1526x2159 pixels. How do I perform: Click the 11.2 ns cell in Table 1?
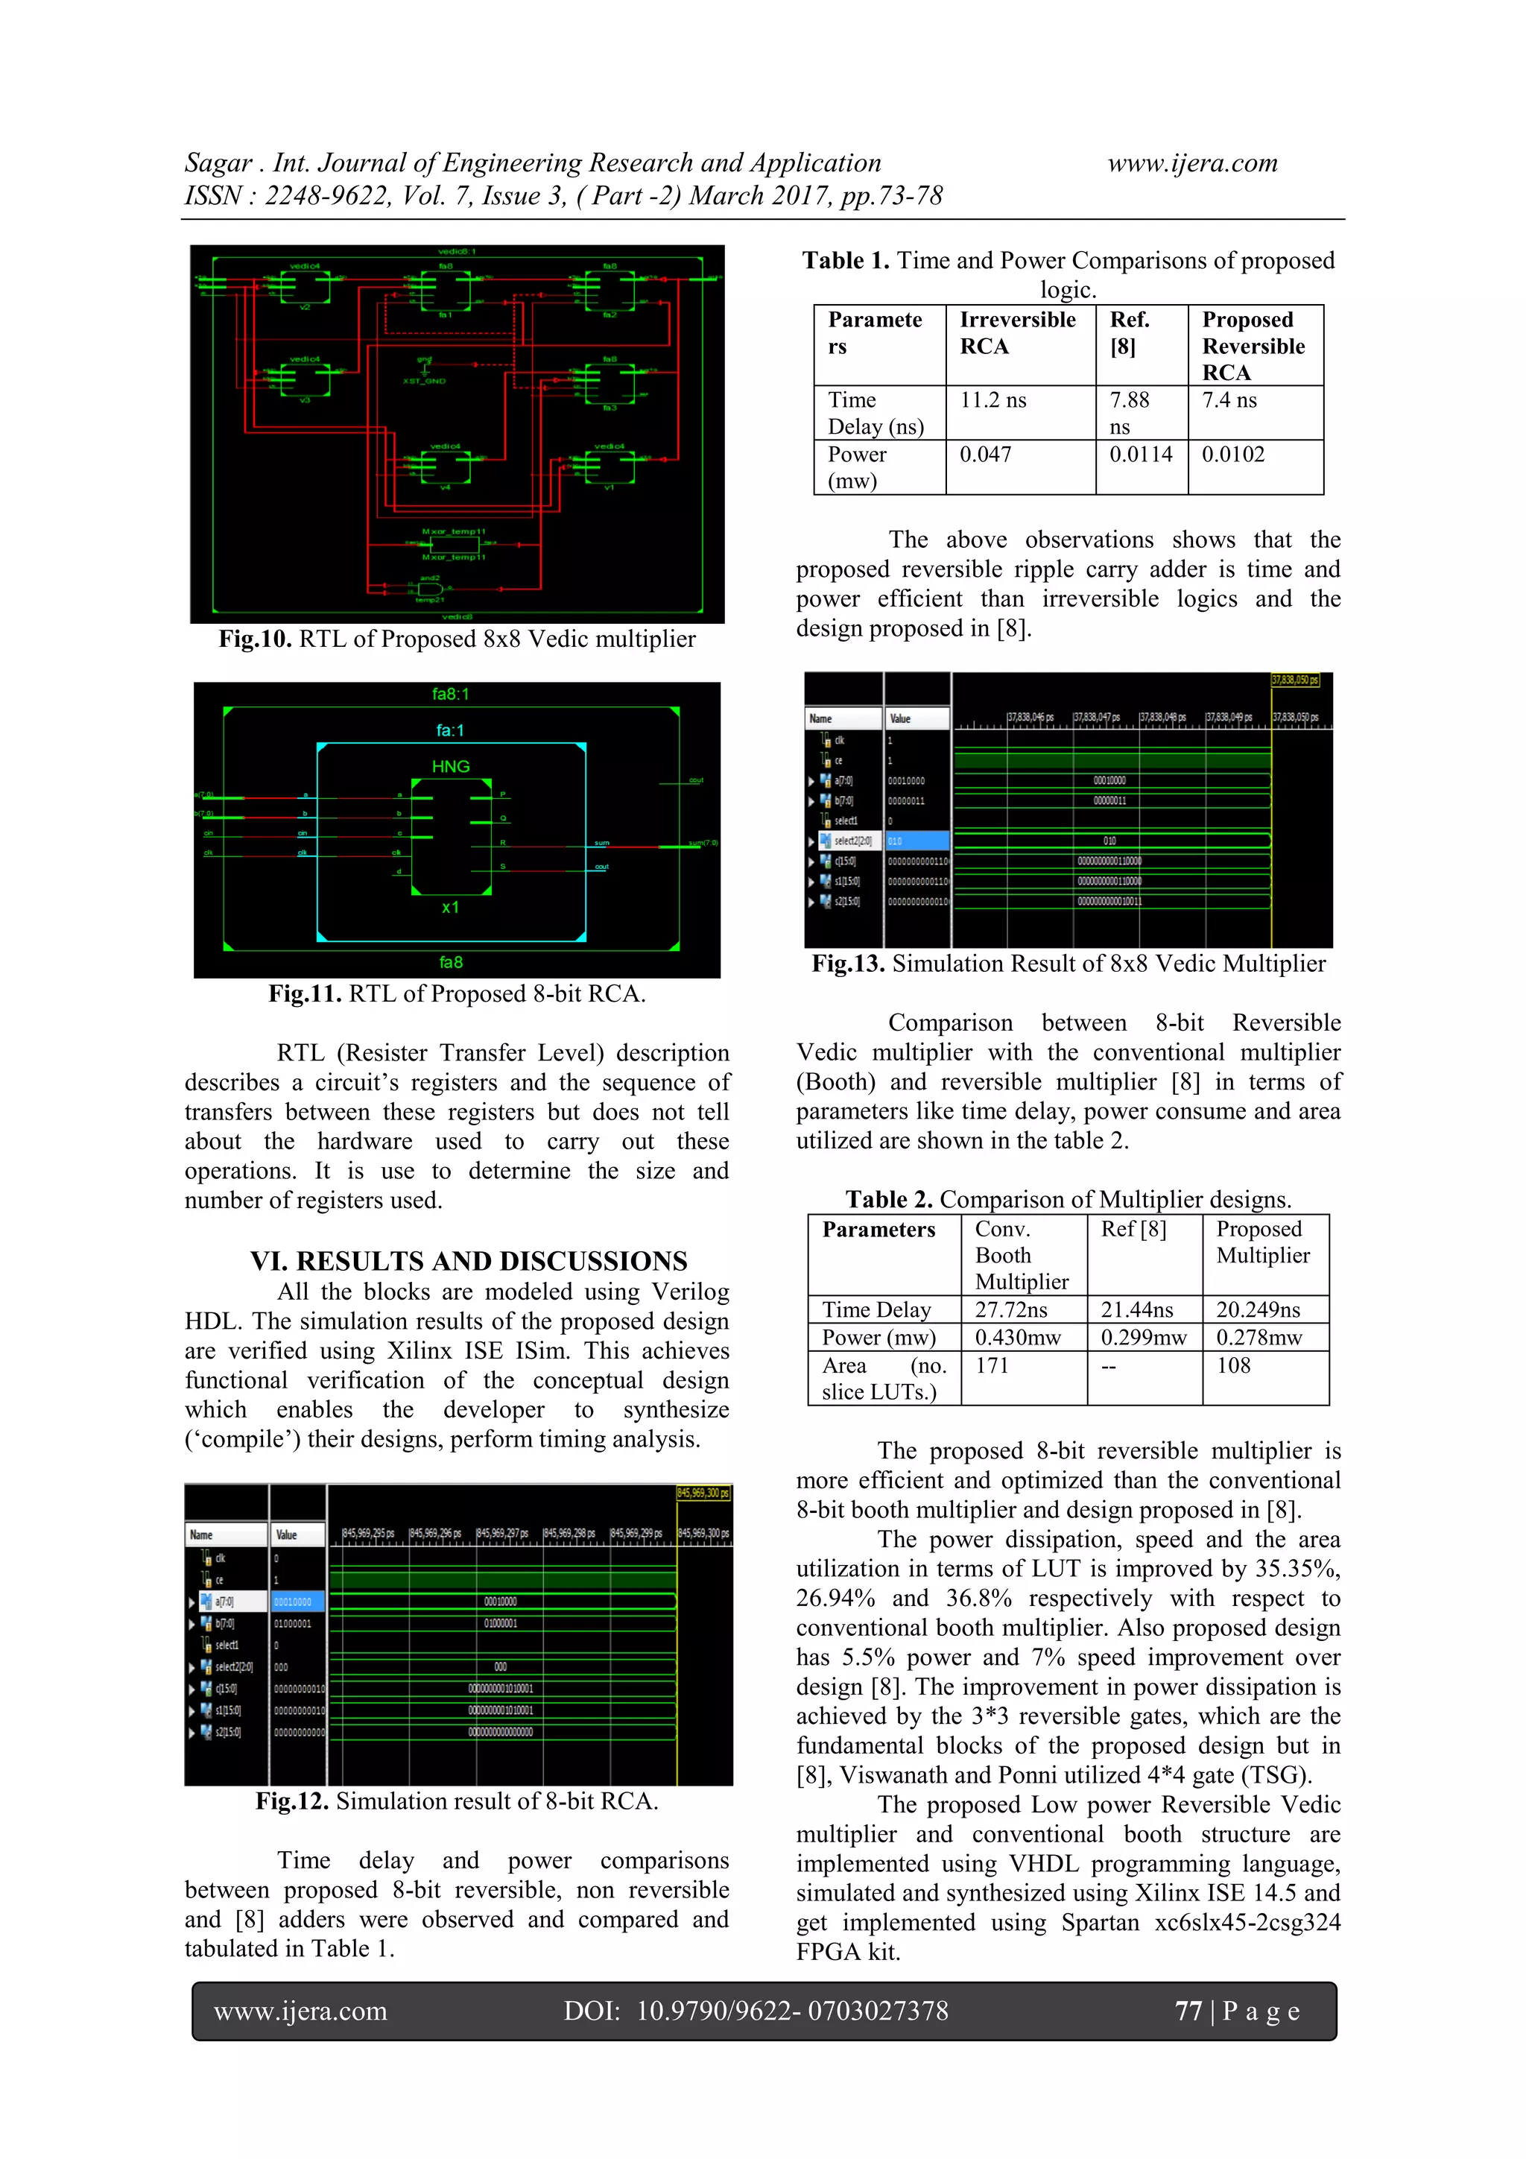(x=993, y=401)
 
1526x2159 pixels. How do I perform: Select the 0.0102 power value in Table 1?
(x=1232, y=455)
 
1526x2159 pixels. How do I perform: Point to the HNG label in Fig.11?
(x=450, y=766)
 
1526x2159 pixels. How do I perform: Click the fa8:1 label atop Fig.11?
(x=450, y=694)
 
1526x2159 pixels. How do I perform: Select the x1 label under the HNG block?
(x=450, y=908)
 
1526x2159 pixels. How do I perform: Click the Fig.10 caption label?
(x=255, y=639)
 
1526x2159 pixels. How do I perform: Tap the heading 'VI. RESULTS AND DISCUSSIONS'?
(x=468, y=1261)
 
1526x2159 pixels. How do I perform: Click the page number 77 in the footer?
(x=1188, y=2011)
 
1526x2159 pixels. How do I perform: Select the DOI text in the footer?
(x=756, y=2011)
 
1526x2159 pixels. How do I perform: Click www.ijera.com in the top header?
(x=1192, y=164)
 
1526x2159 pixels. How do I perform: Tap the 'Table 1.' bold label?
(x=845, y=261)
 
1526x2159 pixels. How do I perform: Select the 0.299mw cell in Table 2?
(x=1143, y=1337)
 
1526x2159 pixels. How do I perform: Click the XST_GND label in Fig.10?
(x=424, y=381)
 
